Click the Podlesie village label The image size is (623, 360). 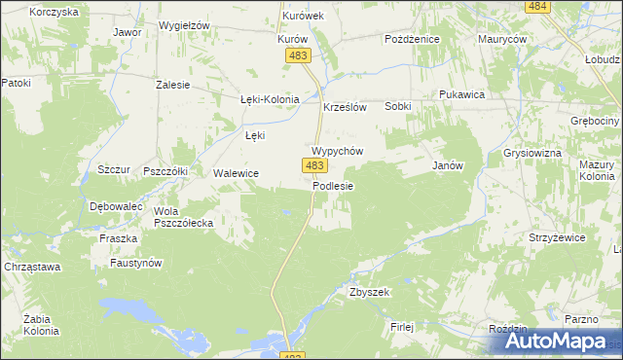click(333, 186)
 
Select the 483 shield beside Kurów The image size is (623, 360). click(298, 56)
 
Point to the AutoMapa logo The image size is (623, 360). click(552, 342)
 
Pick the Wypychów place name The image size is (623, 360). click(337, 152)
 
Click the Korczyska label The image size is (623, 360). click(54, 12)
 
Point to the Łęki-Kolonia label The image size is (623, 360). click(270, 99)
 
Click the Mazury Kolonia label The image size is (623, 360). click(597, 171)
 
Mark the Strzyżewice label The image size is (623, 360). click(556, 237)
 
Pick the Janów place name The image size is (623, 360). click(447, 165)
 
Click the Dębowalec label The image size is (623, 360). click(116, 207)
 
